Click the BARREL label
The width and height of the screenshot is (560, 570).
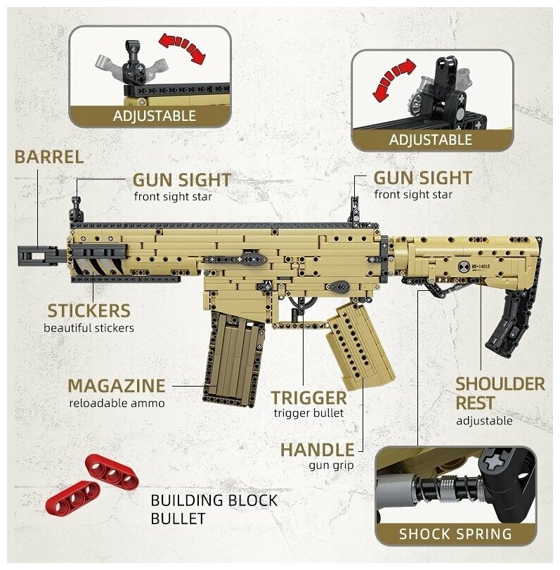point(48,157)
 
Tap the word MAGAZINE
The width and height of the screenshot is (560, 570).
point(117,386)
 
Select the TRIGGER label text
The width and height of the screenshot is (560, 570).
point(309,398)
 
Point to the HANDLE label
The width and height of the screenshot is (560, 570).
point(317,449)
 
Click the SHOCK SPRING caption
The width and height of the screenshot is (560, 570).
point(455,533)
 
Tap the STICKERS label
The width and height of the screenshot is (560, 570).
point(89,310)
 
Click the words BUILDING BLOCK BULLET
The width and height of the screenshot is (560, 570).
point(214,510)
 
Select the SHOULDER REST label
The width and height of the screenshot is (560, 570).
point(500,394)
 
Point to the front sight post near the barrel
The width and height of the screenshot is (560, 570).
point(74,208)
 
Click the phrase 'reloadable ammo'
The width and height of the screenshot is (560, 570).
point(117,403)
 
